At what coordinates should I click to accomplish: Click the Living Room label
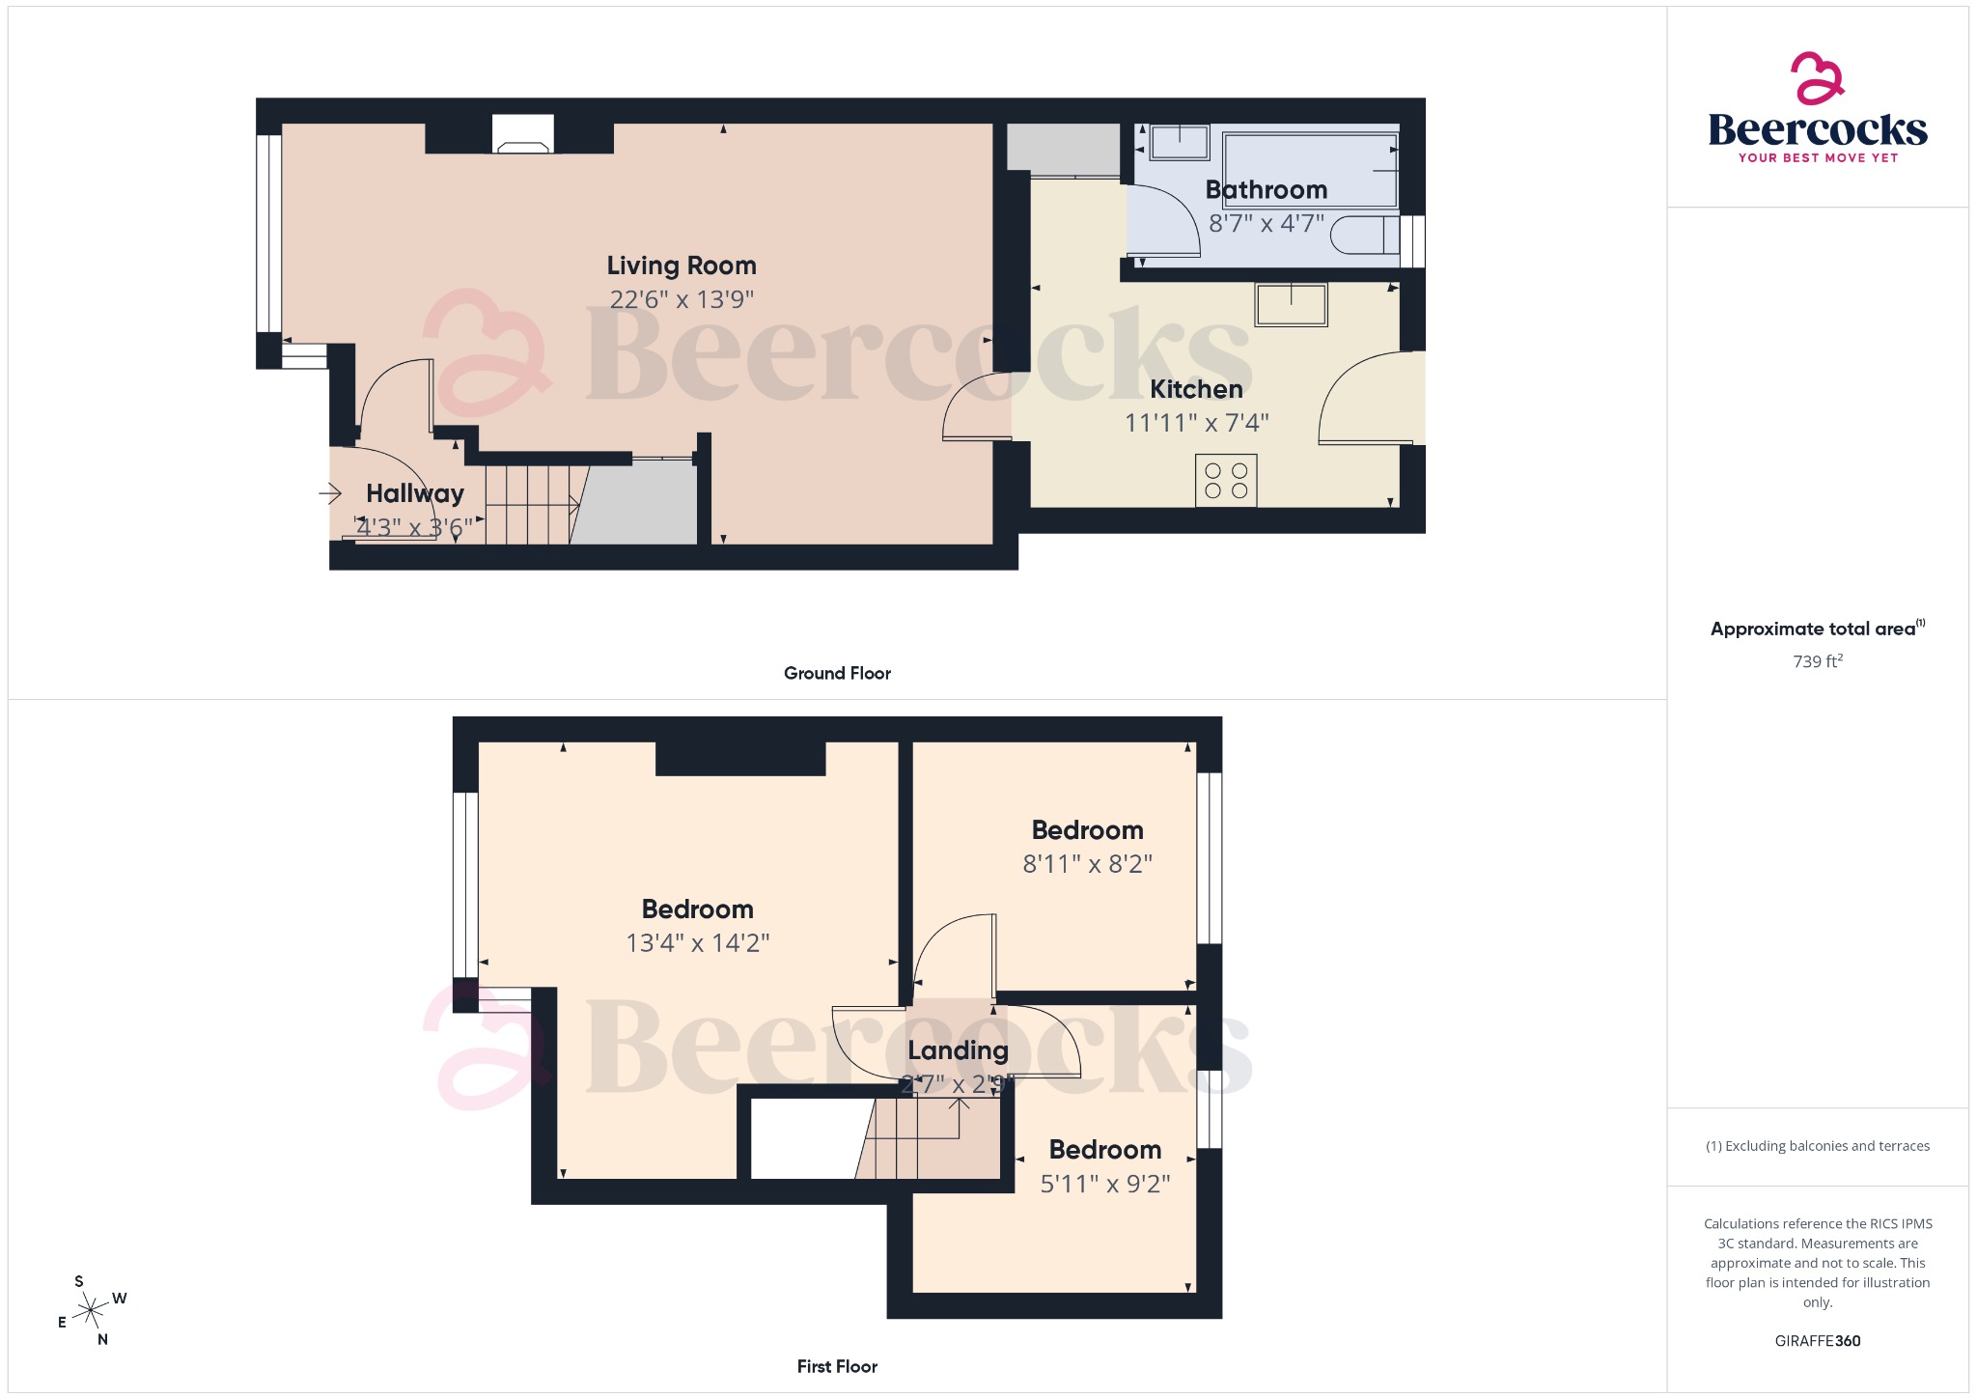point(681,266)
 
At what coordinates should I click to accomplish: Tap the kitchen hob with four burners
point(1226,481)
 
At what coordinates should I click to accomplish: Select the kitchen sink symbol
point(1291,304)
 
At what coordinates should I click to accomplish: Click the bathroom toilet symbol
point(1363,235)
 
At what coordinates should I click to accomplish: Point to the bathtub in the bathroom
point(1310,169)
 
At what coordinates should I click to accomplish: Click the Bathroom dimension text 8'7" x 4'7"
point(1266,224)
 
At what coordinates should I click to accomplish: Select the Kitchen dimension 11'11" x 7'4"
point(1196,423)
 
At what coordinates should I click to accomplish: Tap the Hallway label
point(415,493)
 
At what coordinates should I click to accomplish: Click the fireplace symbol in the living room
point(522,135)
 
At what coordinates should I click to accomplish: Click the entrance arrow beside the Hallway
point(330,494)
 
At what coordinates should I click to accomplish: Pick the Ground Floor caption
point(837,673)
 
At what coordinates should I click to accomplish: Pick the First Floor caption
point(837,1366)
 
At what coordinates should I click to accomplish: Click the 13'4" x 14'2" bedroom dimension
point(697,943)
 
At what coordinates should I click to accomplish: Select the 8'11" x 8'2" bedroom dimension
point(1087,864)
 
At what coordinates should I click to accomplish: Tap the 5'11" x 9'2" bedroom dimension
point(1104,1184)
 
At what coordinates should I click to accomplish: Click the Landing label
point(958,1050)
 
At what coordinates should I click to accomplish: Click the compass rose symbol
point(92,1310)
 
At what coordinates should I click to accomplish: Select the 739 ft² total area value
point(1817,661)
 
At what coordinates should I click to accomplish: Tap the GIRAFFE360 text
point(1817,1341)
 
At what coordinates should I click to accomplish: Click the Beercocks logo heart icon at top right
point(1817,77)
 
